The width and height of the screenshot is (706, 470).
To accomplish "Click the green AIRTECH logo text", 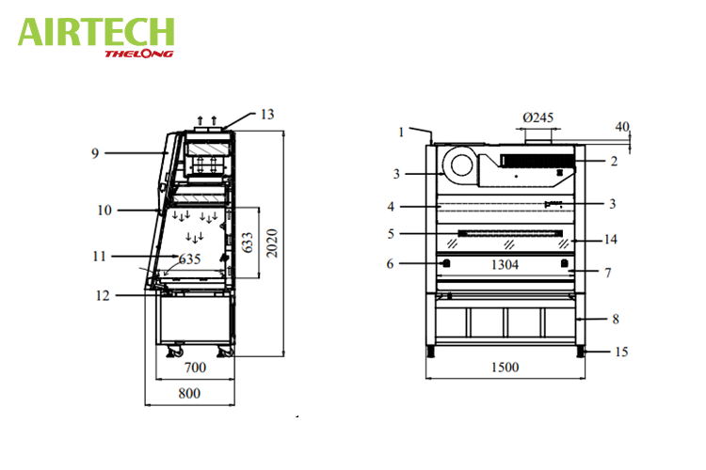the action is coord(96,31).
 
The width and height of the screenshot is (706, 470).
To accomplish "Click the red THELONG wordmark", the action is coord(139,54).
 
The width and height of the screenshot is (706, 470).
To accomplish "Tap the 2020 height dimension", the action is coord(271,243).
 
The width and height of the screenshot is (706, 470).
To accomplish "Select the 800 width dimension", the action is coord(189,393).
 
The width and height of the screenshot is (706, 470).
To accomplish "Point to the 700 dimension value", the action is coord(196,368).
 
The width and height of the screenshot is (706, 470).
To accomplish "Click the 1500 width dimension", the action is coord(505,367).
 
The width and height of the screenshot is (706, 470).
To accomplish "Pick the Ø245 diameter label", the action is coord(538,117).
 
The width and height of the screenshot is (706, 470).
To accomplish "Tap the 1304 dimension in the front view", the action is coord(505,264).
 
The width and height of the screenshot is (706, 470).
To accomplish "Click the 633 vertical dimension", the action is coord(248,243).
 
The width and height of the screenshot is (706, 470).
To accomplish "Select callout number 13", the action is coord(267,115).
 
